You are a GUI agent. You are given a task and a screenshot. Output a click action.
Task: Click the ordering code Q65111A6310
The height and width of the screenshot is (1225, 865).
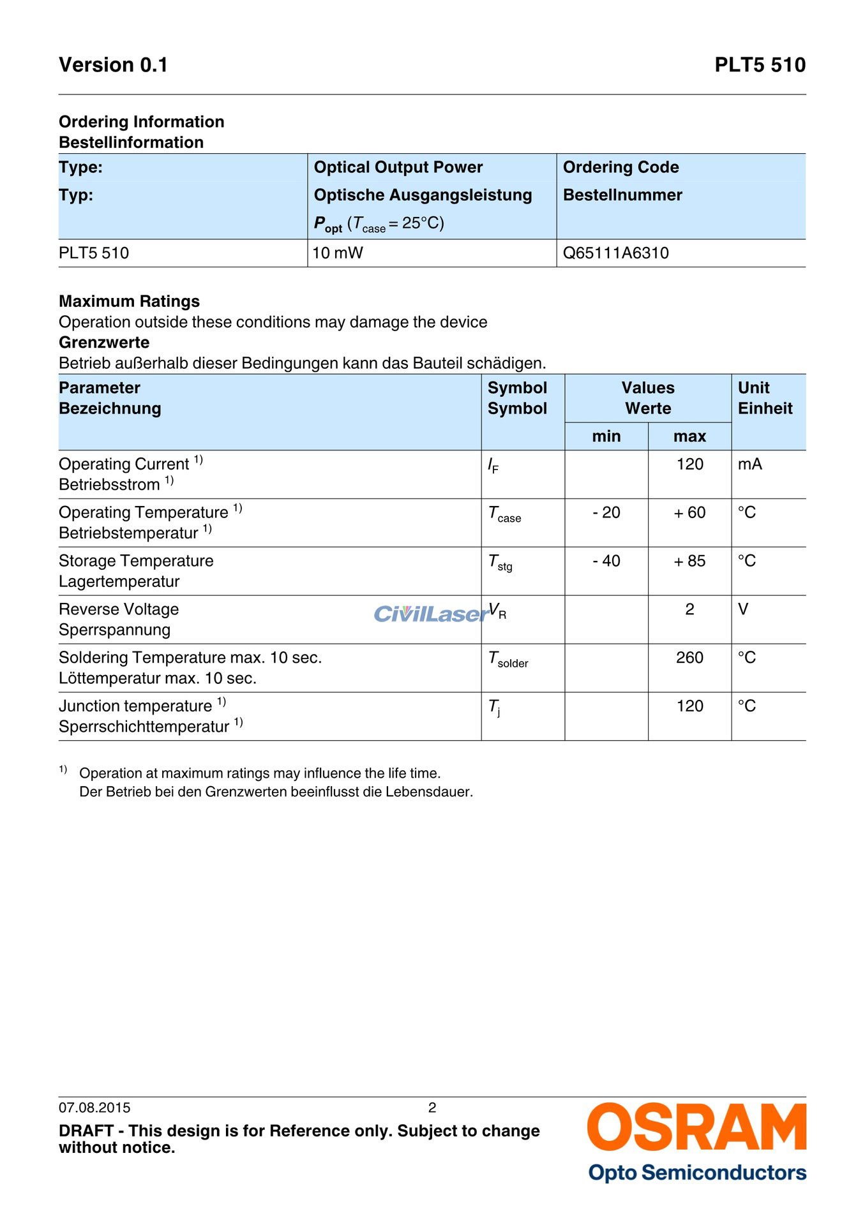(x=615, y=253)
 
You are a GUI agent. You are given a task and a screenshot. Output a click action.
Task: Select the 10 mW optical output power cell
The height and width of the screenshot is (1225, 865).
(x=338, y=253)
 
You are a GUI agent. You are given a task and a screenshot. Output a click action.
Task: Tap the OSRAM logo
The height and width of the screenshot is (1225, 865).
(x=696, y=1127)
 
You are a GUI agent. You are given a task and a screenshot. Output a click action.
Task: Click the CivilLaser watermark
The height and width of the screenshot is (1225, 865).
(x=431, y=614)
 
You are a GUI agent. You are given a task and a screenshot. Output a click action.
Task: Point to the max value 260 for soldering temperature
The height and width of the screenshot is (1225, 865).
(x=689, y=658)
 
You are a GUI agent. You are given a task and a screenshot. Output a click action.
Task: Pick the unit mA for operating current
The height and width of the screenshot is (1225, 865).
(x=749, y=464)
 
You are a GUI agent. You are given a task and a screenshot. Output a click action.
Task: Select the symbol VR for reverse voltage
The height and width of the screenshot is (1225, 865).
(x=497, y=611)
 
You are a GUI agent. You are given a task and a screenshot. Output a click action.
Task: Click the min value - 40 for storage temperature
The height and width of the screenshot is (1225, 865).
(x=606, y=561)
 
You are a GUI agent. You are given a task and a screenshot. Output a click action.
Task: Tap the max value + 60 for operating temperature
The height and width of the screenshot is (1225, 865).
(x=689, y=512)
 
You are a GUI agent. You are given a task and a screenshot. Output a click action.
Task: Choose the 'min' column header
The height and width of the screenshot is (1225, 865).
(x=606, y=436)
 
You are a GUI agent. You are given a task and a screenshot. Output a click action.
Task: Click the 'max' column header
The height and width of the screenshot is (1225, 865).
(x=689, y=436)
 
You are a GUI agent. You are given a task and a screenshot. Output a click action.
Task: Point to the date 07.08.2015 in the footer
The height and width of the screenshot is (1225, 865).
(x=94, y=1108)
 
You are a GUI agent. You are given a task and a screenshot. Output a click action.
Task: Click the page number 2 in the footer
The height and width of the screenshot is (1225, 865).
(x=432, y=1108)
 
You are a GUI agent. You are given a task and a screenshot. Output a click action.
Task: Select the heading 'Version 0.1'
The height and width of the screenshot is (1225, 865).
(x=113, y=65)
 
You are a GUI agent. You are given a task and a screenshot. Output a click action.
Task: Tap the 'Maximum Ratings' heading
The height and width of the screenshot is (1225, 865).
(x=129, y=301)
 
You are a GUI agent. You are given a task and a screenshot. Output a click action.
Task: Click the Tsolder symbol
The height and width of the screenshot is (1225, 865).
(x=508, y=659)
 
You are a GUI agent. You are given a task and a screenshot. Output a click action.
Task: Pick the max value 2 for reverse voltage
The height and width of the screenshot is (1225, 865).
(x=689, y=609)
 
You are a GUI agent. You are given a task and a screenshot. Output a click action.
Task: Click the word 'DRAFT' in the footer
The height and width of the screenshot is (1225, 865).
(x=86, y=1131)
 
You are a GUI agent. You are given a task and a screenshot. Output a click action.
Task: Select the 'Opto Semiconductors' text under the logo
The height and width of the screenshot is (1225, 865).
(x=697, y=1173)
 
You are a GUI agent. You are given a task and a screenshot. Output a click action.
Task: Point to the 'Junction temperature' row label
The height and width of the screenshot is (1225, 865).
(x=135, y=706)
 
